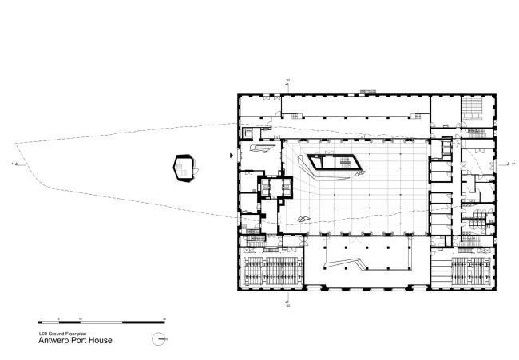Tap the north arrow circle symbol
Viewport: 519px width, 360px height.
tap(159, 338)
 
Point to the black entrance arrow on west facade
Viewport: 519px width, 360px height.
tap(232, 156)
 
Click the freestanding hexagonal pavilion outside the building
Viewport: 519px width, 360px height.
tap(186, 167)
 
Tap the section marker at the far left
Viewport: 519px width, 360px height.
tap(13, 165)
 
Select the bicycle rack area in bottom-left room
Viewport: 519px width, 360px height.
tap(271, 272)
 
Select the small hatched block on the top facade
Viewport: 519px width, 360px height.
tap(368, 91)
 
